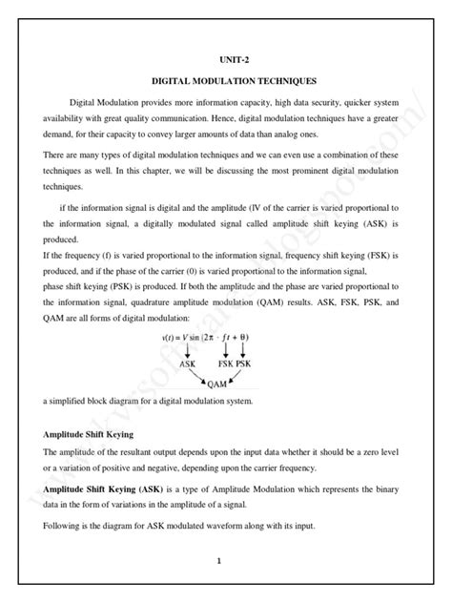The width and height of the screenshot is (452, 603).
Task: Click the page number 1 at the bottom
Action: (218, 561)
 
